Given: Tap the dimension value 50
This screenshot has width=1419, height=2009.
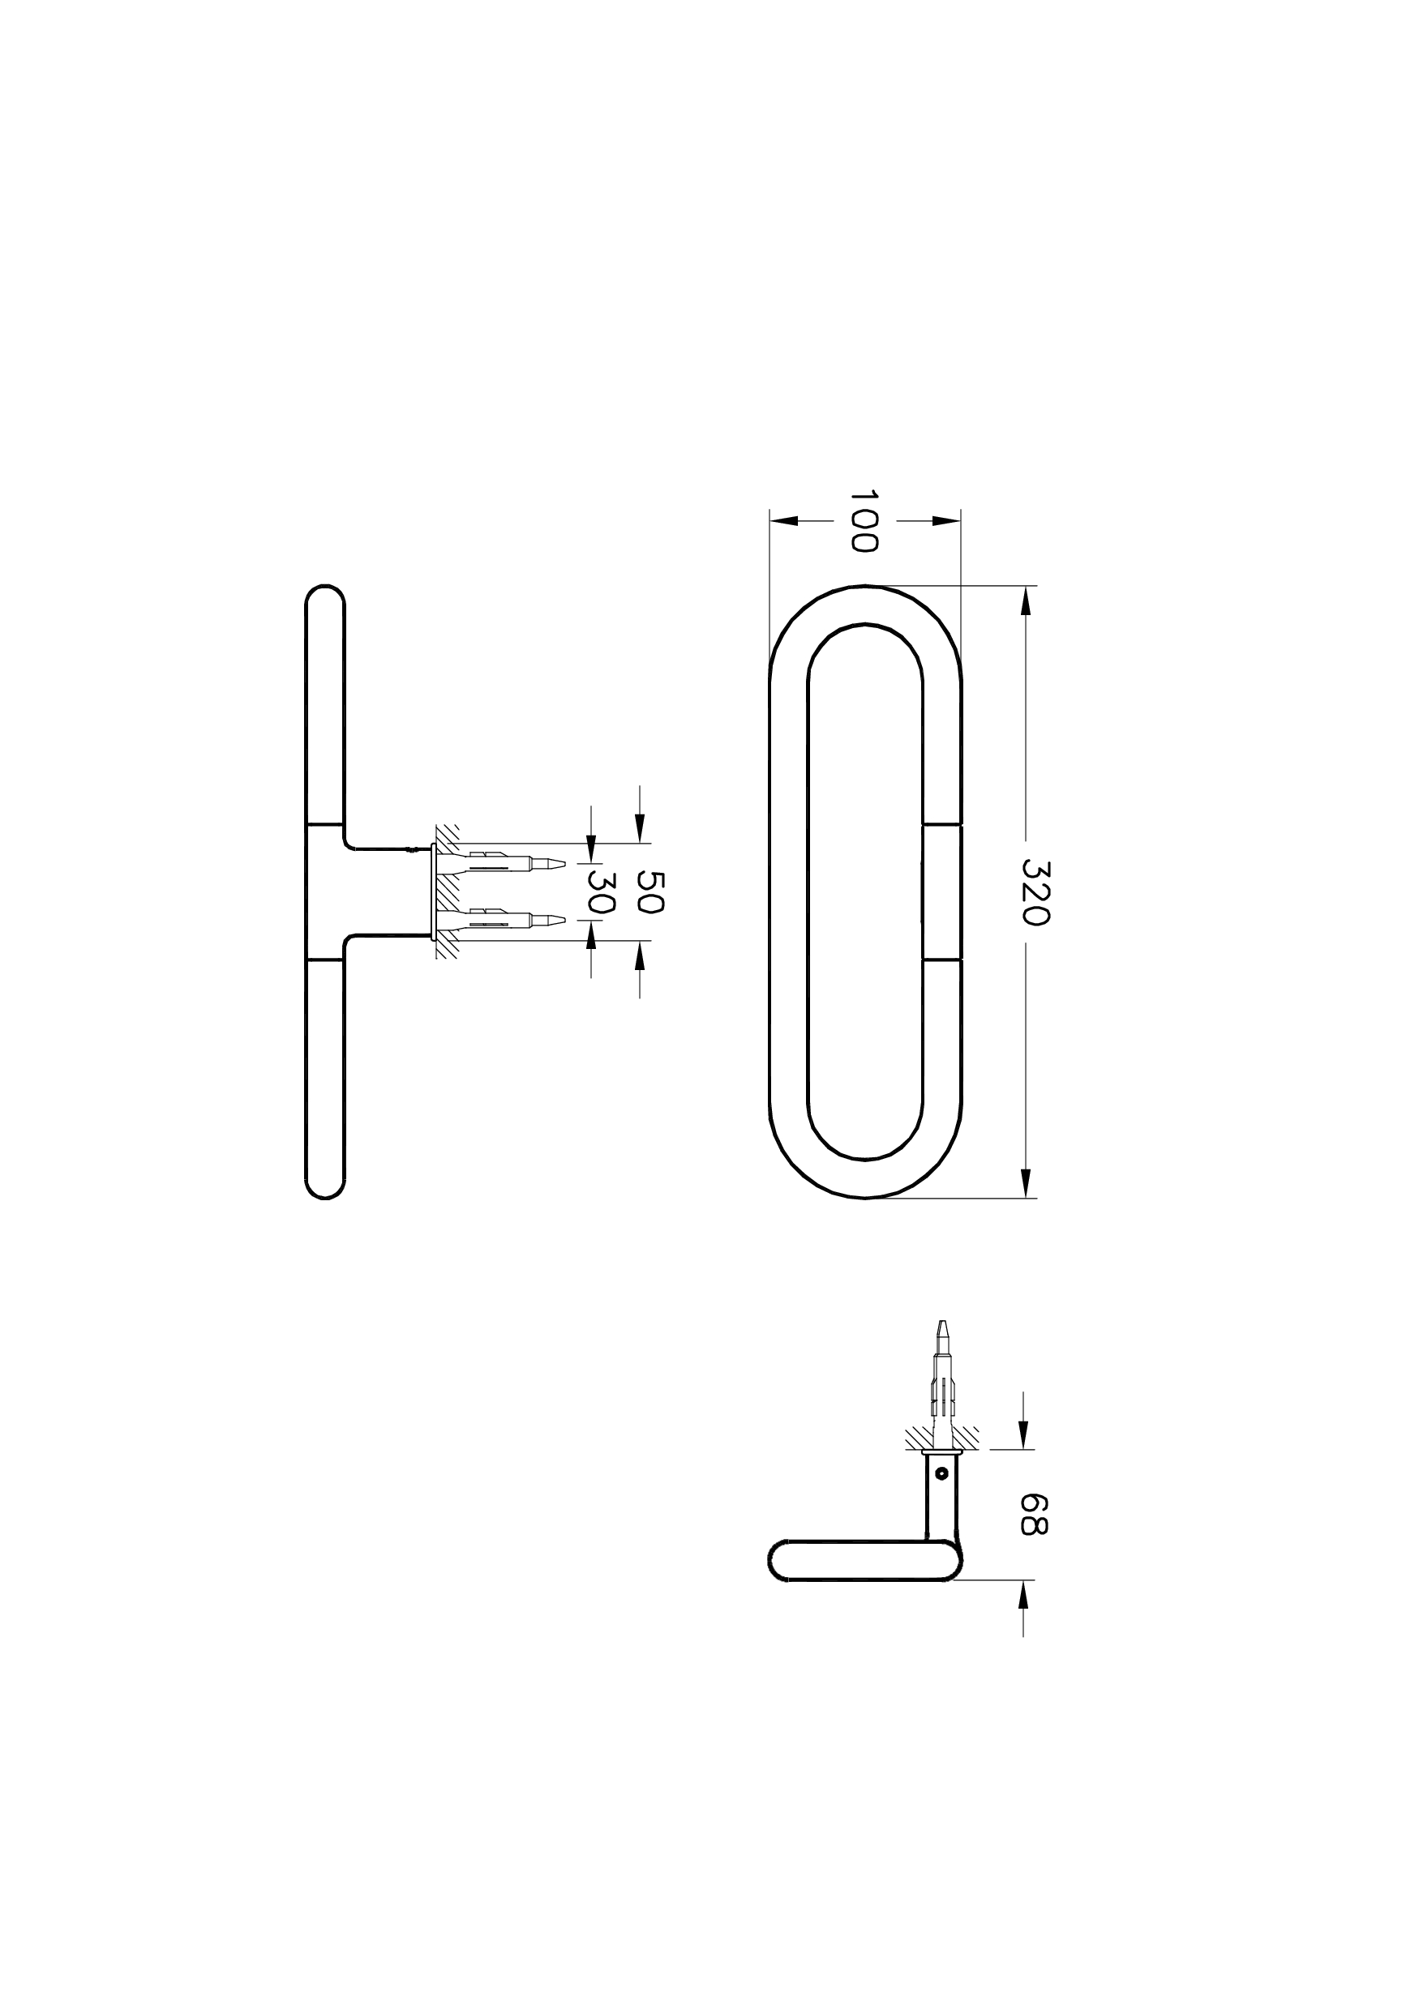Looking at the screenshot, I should click(x=649, y=891).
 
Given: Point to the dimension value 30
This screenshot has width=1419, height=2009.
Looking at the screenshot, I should click(x=602, y=891).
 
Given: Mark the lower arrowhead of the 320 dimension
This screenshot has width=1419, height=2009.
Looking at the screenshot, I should click(x=1026, y=1183).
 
